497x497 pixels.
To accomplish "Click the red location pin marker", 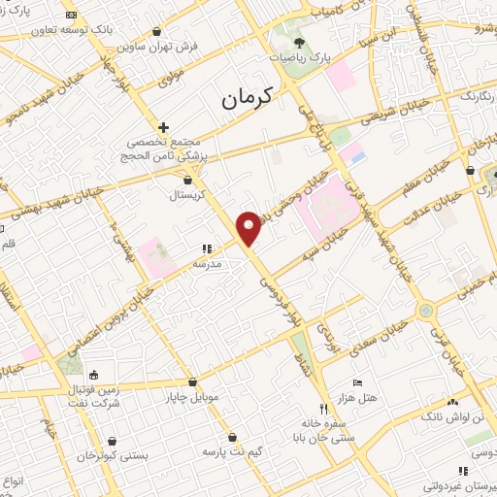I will (x=249, y=227).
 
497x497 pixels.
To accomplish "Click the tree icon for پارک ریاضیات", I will (x=299, y=43).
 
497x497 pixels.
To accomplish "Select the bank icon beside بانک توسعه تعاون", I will (x=70, y=16).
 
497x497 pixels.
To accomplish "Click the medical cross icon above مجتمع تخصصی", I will (x=163, y=127).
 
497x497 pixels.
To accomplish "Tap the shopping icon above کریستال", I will (x=187, y=180).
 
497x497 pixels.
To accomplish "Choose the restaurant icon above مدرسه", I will (x=206, y=249).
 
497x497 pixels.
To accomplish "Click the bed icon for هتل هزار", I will (x=356, y=383).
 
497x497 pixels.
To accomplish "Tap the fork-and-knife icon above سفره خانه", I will (x=324, y=409).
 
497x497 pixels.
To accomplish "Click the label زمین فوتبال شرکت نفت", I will (x=94, y=395).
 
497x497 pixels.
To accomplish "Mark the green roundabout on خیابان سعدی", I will (x=424, y=311).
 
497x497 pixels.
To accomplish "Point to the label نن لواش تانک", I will (x=448, y=414).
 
